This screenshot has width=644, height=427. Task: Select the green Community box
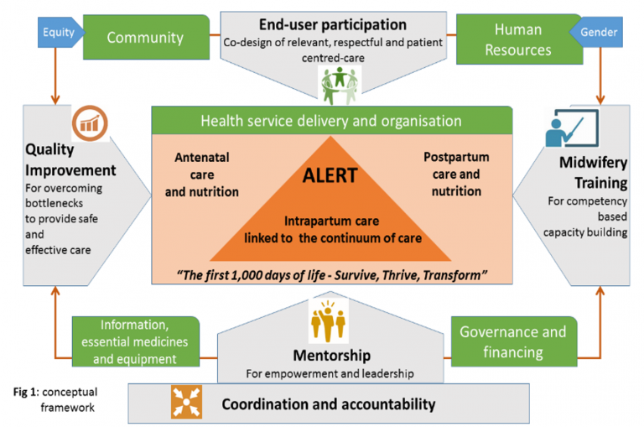[x=146, y=38]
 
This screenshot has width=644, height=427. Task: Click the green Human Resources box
[x=519, y=39]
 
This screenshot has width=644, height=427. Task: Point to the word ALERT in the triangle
[x=330, y=176]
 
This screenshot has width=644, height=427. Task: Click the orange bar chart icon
[x=90, y=123]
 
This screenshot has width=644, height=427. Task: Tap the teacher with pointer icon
[x=572, y=128]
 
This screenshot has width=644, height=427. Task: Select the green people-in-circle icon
[x=340, y=86]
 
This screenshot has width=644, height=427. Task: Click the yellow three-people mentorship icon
[x=328, y=321]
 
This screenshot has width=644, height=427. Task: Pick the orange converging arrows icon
[x=186, y=402]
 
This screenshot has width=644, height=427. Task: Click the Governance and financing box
[x=514, y=341]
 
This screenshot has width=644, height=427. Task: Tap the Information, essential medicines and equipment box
[x=136, y=341]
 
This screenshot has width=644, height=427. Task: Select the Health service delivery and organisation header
[x=332, y=121]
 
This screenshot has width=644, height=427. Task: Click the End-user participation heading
[x=333, y=24]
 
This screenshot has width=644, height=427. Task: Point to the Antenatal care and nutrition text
[x=201, y=174]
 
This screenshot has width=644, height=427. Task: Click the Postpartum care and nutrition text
[x=456, y=174]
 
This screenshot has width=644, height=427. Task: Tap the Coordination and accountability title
[x=329, y=404]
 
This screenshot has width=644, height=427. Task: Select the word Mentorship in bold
[x=332, y=356]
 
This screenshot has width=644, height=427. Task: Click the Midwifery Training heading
[x=593, y=173]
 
